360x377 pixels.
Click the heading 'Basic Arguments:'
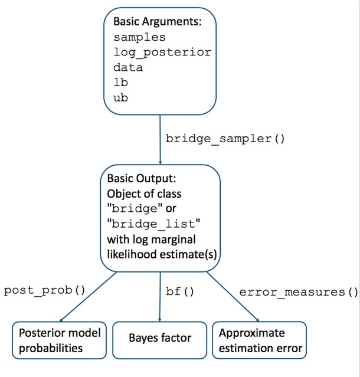tap(158, 22)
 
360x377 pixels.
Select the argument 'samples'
tap(139, 37)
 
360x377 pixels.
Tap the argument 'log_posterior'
tap(162, 53)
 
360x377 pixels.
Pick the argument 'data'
tap(128, 67)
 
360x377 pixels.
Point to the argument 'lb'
tap(120, 82)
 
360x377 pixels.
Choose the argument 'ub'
tap(120, 97)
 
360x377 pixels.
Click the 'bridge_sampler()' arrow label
tap(225, 139)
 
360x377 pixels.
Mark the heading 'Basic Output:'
tap(142, 178)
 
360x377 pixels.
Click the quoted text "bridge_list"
tap(153, 224)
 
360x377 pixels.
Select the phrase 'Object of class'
tap(144, 194)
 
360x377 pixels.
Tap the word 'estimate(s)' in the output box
tap(188, 255)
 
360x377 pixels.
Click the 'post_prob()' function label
tap(44, 291)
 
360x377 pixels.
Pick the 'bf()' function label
tap(179, 291)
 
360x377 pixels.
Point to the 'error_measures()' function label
tap(299, 292)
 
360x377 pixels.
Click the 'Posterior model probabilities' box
tap(59, 340)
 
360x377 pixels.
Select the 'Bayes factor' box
tap(160, 340)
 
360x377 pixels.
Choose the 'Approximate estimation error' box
tap(259, 340)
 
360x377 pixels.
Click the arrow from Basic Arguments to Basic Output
tap(160, 140)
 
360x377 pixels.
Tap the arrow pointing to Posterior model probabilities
tap(89, 297)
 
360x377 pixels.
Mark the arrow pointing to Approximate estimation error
tap(233, 297)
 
